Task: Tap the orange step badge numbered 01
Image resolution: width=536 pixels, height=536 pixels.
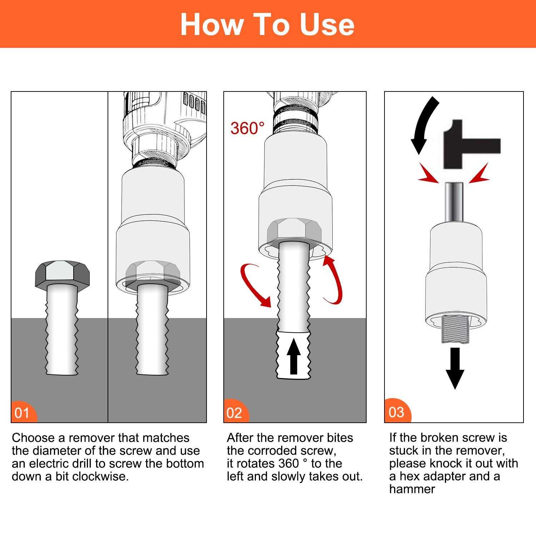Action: pyautogui.click(x=22, y=413)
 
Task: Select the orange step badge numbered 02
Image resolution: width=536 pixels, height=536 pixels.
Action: pyautogui.click(x=234, y=413)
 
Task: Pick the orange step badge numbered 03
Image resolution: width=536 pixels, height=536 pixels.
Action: pyautogui.click(x=396, y=412)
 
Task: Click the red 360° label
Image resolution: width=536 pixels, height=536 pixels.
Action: pyautogui.click(x=248, y=128)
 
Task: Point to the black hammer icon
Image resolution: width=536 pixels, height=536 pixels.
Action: pyautogui.click(x=468, y=145)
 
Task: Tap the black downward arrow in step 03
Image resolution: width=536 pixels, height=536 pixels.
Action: pyautogui.click(x=455, y=368)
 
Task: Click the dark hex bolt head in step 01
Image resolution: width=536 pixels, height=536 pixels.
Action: pyautogui.click(x=62, y=273)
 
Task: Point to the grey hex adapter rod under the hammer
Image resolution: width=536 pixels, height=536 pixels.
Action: pyautogui.click(x=454, y=202)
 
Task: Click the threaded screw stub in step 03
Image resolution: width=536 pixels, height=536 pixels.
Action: pyautogui.click(x=455, y=331)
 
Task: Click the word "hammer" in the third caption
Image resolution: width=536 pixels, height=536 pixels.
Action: pyautogui.click(x=412, y=489)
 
